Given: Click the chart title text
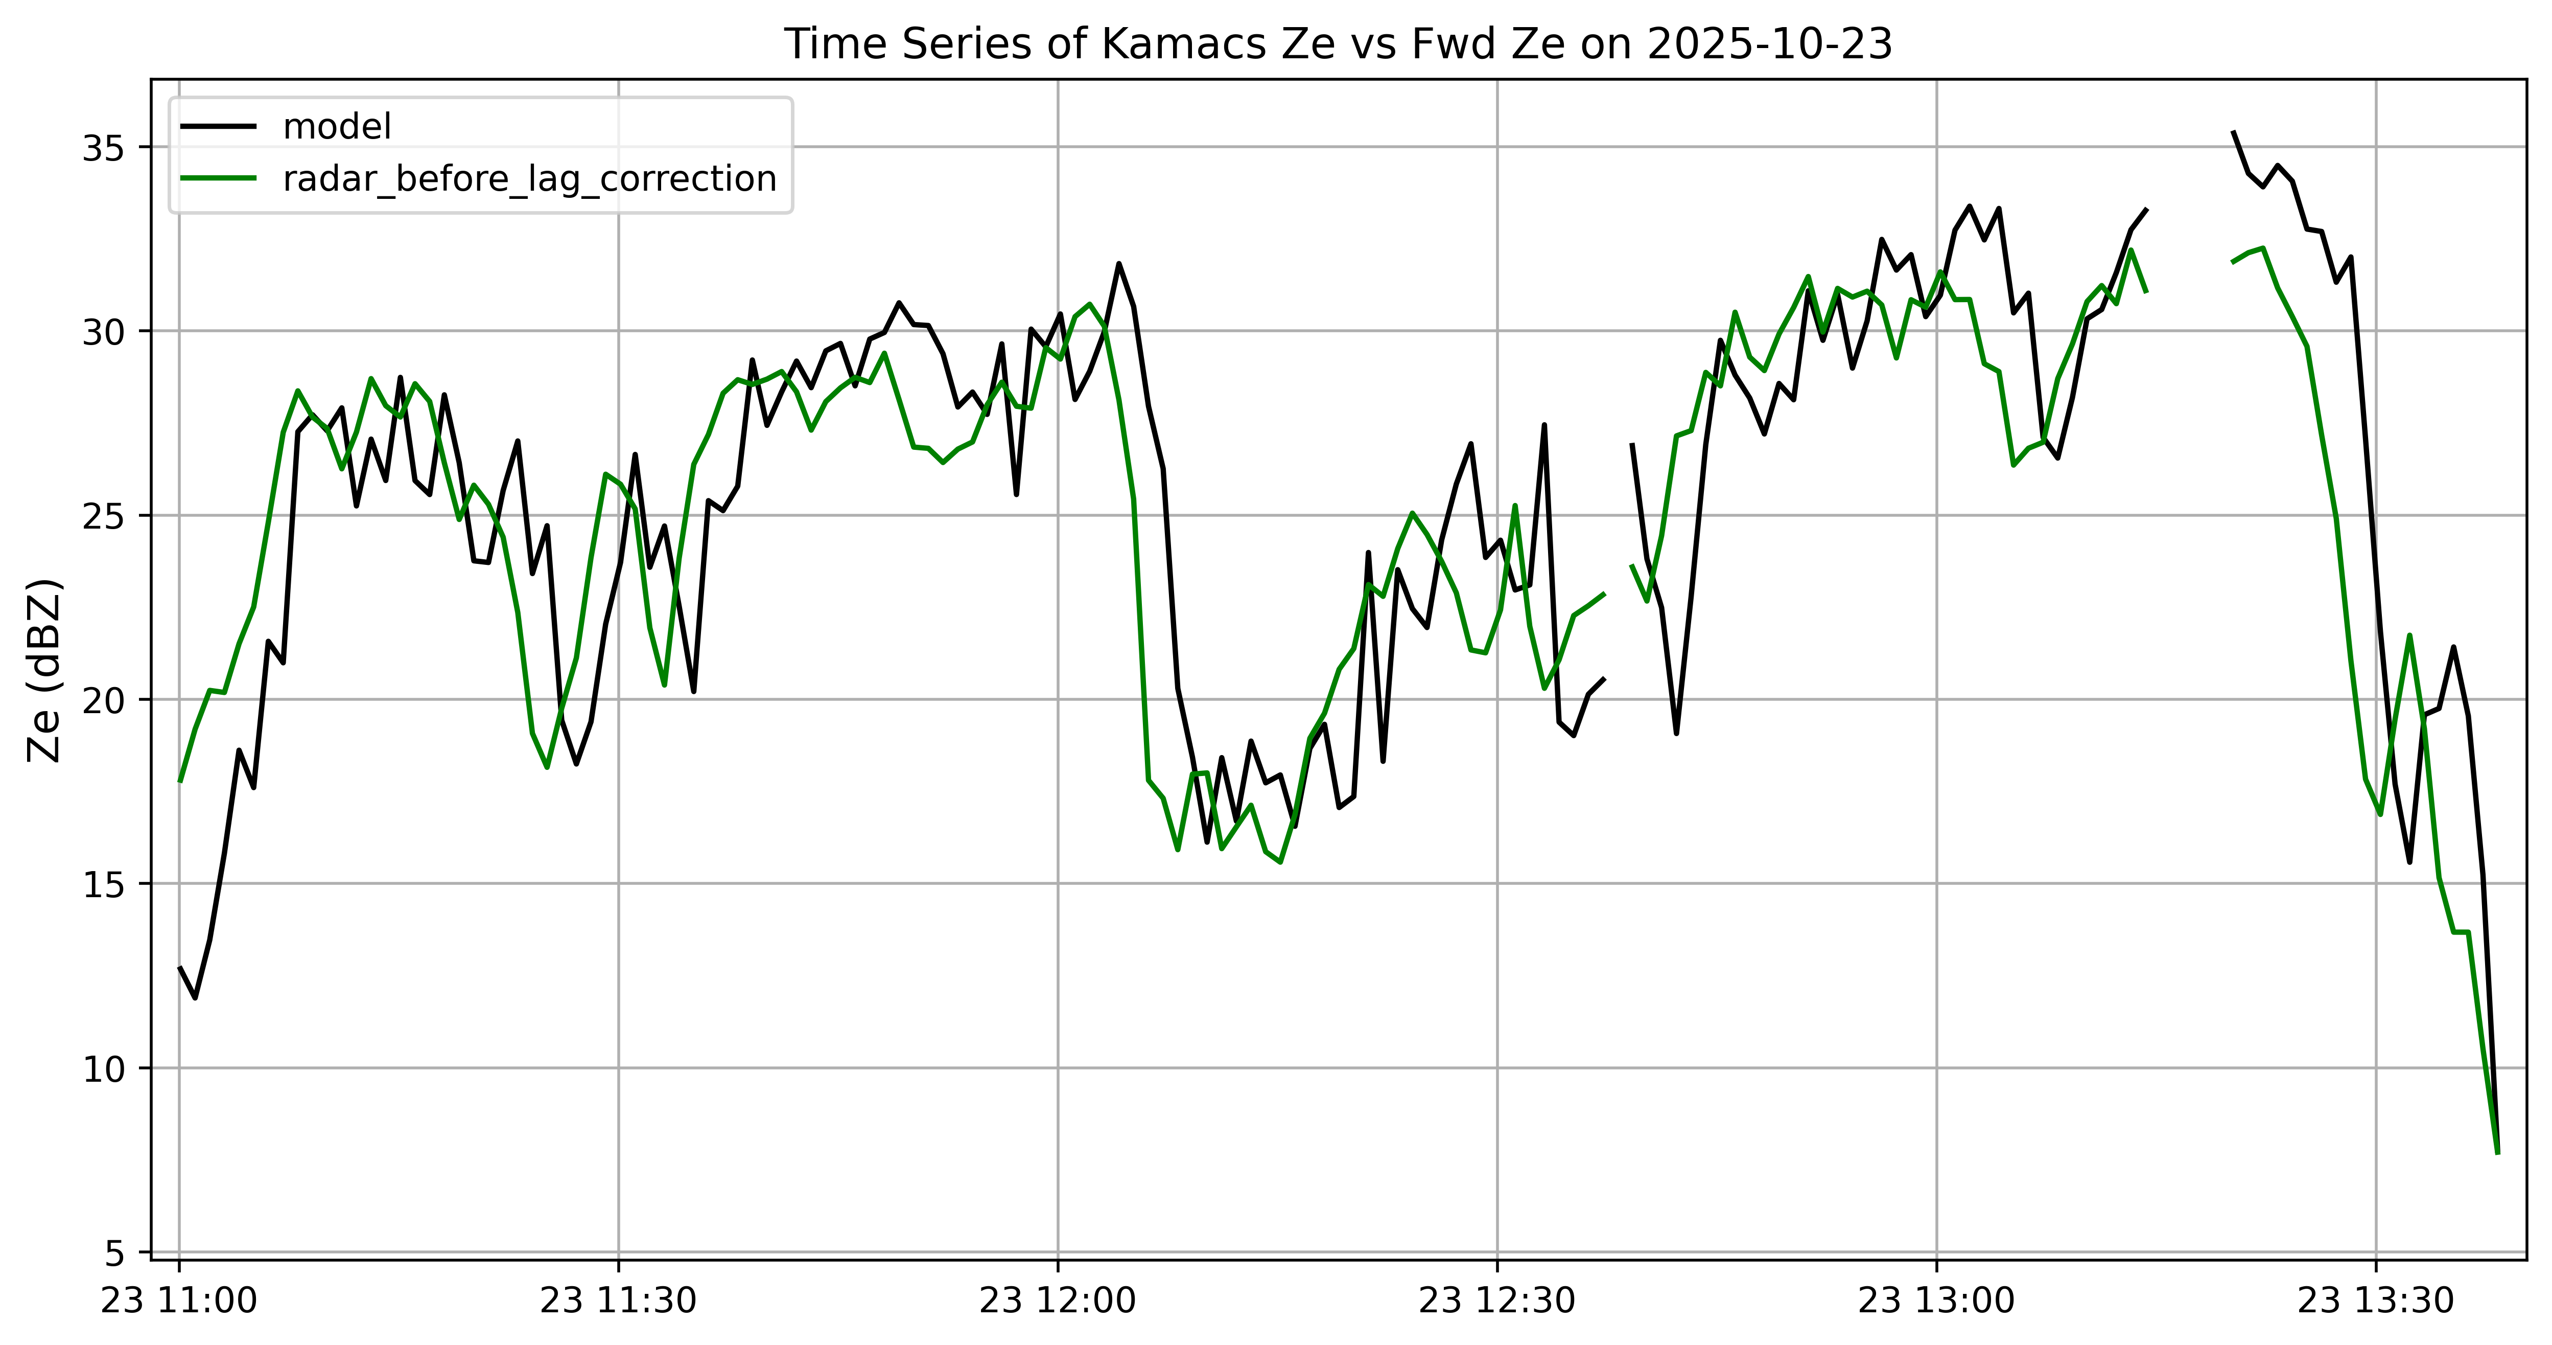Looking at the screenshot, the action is tap(1339, 44).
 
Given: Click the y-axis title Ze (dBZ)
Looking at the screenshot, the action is tap(44, 670).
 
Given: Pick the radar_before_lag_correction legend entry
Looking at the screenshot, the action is tap(479, 178).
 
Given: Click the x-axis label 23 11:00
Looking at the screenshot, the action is tap(179, 1301).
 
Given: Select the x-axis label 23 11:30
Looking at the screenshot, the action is tap(618, 1301).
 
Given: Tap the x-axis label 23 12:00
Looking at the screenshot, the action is tap(1058, 1301).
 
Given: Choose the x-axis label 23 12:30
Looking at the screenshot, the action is tap(1497, 1301).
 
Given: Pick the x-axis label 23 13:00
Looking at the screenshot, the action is tap(1937, 1301).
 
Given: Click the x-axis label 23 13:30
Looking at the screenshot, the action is tap(2376, 1301).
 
